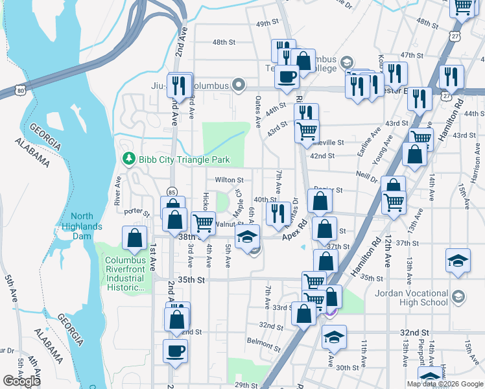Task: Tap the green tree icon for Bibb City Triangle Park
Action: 128,159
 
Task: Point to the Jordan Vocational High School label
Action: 411,298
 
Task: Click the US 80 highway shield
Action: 21,91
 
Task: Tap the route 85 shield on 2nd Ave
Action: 172,192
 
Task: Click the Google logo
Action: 22,381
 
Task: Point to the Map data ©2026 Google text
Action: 445,384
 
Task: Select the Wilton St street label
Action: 230,180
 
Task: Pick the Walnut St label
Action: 228,224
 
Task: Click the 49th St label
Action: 266,23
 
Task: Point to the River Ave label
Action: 118,191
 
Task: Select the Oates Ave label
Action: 257,108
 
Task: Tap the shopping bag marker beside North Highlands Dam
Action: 134,238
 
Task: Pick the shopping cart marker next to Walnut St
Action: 204,222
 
